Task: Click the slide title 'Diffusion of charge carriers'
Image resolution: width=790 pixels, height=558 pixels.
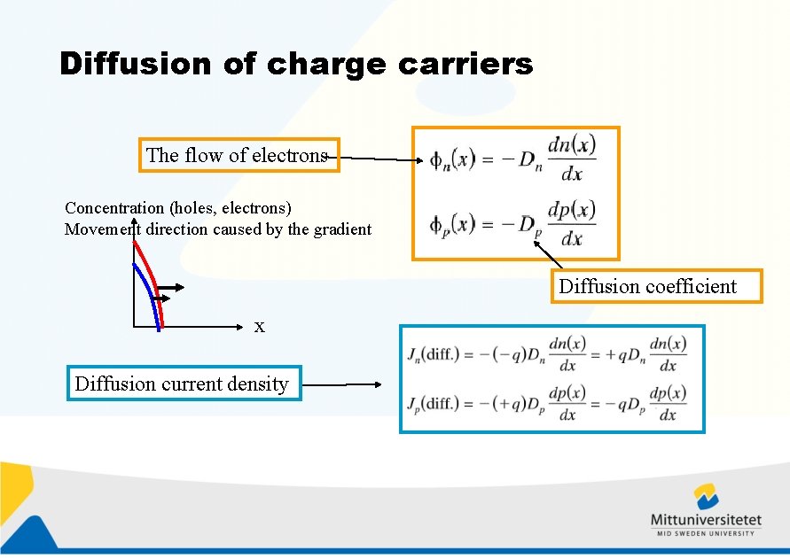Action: tap(296, 64)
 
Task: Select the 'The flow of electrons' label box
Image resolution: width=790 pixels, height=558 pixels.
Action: tap(238, 155)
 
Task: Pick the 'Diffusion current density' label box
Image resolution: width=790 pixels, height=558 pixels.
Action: tap(183, 384)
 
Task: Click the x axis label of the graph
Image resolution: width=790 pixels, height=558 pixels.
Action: tap(259, 327)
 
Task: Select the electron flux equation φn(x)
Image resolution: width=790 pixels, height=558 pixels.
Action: tap(512, 159)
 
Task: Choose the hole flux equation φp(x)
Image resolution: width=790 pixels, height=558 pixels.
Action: tap(512, 224)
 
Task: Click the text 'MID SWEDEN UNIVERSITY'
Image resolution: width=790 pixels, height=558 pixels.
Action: tap(706, 533)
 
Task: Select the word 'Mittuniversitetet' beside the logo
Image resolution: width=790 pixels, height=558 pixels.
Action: tap(706, 520)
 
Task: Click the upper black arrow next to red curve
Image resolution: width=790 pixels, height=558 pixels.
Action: tap(173, 287)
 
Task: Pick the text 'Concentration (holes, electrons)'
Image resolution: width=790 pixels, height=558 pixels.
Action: tap(178, 208)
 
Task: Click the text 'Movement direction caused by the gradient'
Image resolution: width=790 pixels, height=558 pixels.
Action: tap(218, 229)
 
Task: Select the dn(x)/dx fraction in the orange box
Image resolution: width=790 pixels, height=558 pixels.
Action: tap(572, 159)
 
